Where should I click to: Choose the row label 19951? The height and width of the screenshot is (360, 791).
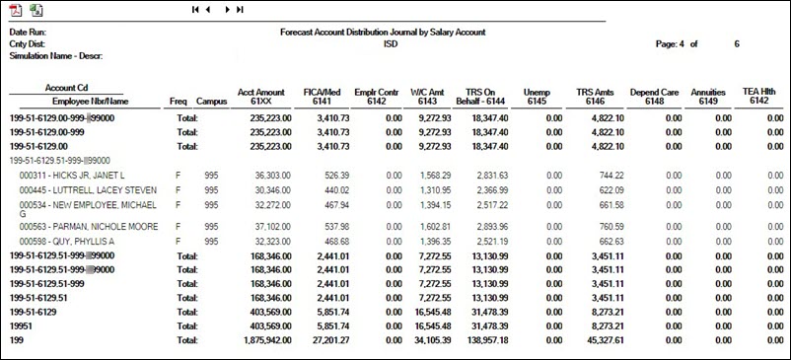[x=22, y=324]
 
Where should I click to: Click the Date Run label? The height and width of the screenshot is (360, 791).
[x=28, y=33]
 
